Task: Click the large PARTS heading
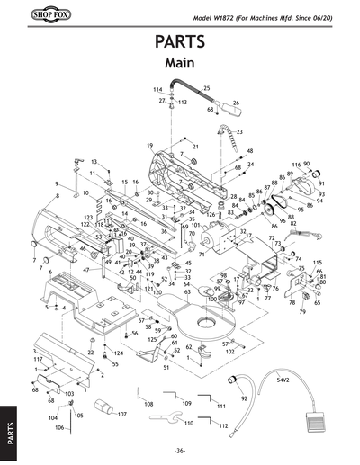(180, 43)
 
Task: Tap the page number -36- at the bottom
(180, 450)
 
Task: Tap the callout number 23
(238, 132)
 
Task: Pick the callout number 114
(157, 90)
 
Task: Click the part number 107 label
(121, 415)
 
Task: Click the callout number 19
(150, 145)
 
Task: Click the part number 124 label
(119, 353)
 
